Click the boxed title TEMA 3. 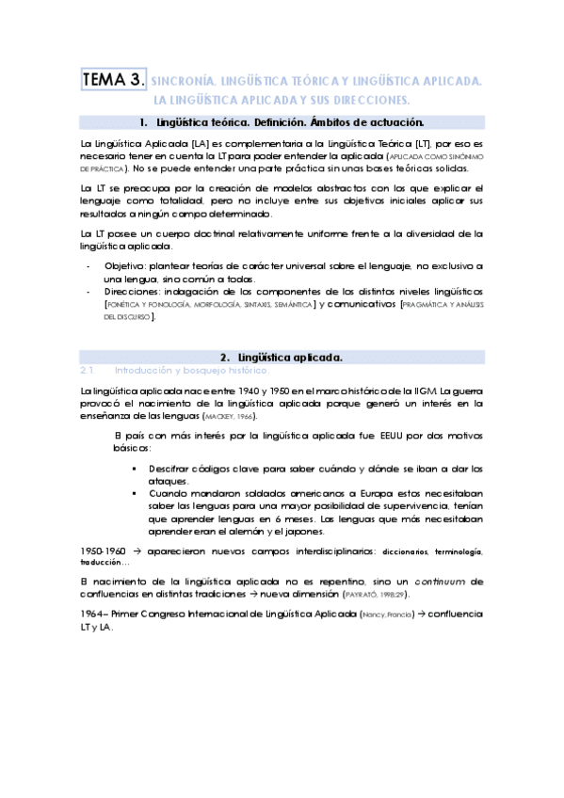coord(114,82)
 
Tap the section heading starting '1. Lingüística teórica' coord(281,122)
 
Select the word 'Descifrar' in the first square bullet coord(171,468)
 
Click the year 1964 coord(94,614)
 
